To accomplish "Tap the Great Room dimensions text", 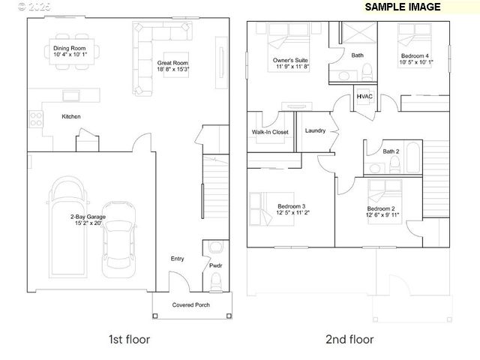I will pyautogui.click(x=172, y=69).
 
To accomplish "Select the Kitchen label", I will pyautogui.click(x=71, y=116).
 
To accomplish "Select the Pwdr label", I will pyautogui.click(x=215, y=265).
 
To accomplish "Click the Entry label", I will pyautogui.click(x=177, y=259).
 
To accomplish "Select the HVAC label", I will pyautogui.click(x=364, y=97).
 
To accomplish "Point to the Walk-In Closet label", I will pyautogui.click(x=270, y=132).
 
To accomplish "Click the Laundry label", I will pyautogui.click(x=315, y=130).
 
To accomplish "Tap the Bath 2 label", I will pyautogui.click(x=391, y=151).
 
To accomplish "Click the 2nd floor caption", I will pyautogui.click(x=349, y=339).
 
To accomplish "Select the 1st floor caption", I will pyautogui.click(x=129, y=339).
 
